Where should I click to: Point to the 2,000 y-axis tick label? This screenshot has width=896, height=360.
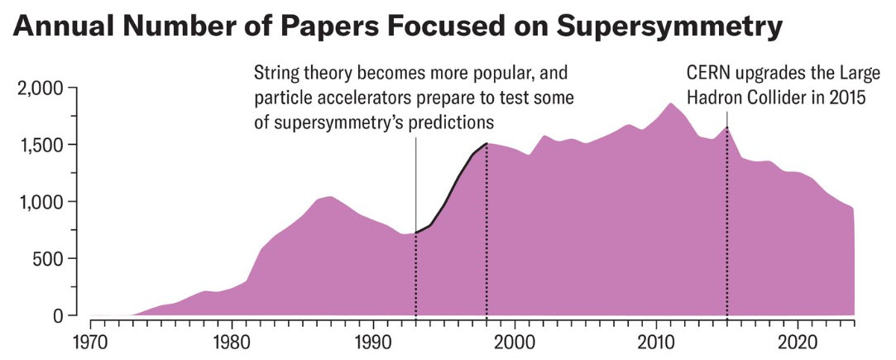[x=40, y=89]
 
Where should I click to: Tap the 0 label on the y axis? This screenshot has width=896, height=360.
[x=58, y=315]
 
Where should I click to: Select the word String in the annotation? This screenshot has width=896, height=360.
[x=274, y=73]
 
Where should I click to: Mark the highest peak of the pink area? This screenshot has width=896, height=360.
[x=670, y=104]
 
